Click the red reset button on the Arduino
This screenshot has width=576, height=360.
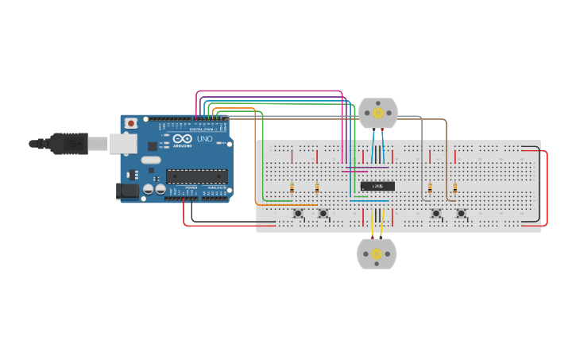[131, 123]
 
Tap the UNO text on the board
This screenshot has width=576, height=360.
[205, 139]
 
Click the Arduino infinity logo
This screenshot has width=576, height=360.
[182, 139]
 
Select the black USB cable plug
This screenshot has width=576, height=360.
[67, 143]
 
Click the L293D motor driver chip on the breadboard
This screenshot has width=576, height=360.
[377, 186]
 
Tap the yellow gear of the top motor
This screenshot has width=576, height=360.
[377, 113]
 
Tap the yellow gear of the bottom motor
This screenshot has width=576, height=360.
[376, 254]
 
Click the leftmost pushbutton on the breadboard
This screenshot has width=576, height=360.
[298, 213]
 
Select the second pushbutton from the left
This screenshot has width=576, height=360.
[323, 213]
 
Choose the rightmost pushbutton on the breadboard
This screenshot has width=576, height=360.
[461, 213]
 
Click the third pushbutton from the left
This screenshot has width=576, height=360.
[435, 213]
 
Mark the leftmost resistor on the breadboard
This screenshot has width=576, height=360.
[292, 188]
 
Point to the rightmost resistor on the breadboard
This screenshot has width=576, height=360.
[455, 188]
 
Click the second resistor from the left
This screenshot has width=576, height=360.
[317, 188]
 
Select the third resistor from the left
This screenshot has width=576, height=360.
[430, 188]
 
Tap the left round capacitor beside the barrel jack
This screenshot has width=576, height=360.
[149, 190]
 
